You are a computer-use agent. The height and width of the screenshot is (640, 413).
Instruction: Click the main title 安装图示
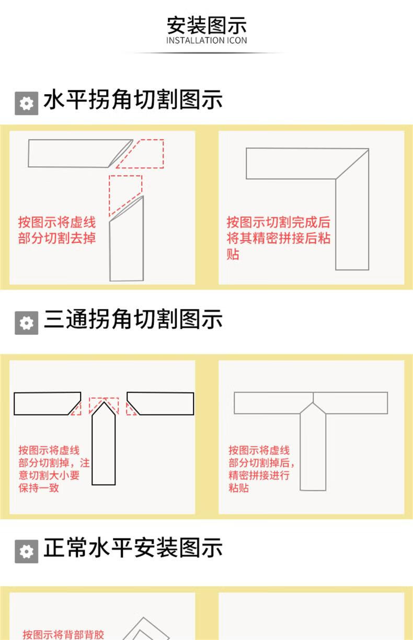[x=206, y=26]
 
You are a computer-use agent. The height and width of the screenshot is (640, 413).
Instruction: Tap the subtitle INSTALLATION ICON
[x=206, y=41]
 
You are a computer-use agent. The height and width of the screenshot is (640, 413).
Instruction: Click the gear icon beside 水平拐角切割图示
[x=27, y=103]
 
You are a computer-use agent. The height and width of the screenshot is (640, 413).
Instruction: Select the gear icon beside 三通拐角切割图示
[x=27, y=323]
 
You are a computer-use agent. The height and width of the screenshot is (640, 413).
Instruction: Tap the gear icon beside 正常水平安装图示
[x=27, y=552]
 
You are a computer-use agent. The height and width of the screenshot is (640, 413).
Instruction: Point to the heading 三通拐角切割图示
[x=133, y=319]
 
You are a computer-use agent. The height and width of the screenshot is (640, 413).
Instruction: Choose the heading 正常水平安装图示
[x=133, y=547]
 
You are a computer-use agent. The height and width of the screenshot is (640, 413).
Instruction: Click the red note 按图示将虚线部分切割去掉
[x=57, y=230]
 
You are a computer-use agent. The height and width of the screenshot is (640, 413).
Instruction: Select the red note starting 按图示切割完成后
[x=278, y=238]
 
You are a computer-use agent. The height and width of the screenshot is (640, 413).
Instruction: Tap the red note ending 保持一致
[x=54, y=469]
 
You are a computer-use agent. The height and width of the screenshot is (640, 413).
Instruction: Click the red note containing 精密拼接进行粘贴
[x=261, y=469]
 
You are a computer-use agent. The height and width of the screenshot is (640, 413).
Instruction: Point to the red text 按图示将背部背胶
[x=63, y=634]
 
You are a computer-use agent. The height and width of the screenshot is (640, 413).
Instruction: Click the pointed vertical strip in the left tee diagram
[x=104, y=443]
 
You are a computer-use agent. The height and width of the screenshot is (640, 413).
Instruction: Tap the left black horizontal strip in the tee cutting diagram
[x=48, y=403]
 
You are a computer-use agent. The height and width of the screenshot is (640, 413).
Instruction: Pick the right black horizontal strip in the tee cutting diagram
[x=160, y=403]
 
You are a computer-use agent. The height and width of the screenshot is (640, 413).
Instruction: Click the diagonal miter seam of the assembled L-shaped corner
[x=352, y=164]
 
